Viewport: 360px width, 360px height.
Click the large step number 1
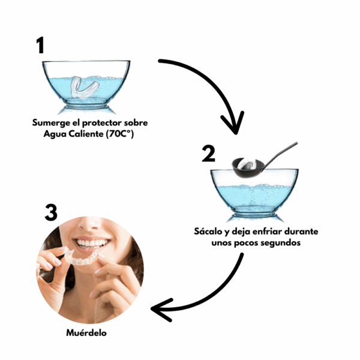40,46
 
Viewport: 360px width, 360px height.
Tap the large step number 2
208,154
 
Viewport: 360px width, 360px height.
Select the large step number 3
51,213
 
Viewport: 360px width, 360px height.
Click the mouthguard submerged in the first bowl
85,88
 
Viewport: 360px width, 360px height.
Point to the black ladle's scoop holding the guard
247,168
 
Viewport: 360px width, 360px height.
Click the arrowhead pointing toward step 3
161,310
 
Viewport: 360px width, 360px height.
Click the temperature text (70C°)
120,134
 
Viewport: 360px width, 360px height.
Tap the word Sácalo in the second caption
208,231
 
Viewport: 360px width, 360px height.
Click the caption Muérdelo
86,332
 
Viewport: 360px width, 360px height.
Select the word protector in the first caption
102,123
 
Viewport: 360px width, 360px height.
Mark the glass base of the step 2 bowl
254,218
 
